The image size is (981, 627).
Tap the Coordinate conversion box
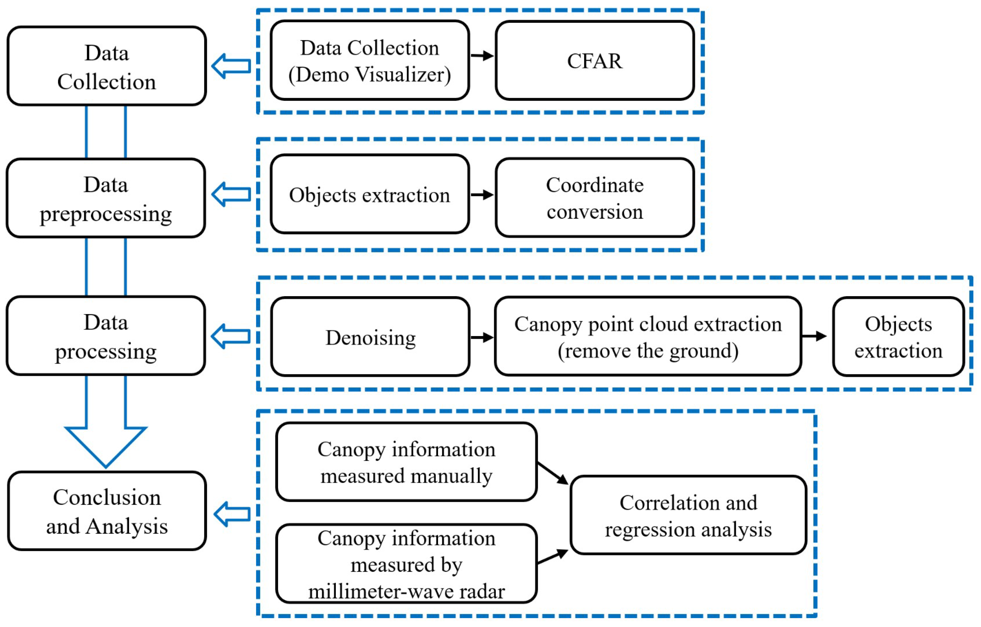[x=594, y=198]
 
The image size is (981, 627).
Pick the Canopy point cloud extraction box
[x=648, y=336]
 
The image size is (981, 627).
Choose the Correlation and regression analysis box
[x=688, y=515]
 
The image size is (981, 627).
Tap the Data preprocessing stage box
[x=106, y=198]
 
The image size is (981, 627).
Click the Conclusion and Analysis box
[x=107, y=511]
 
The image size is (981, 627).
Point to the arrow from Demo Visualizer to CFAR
[x=482, y=55]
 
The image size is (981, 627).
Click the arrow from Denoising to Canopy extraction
[x=482, y=337]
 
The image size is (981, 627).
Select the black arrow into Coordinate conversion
[x=482, y=195]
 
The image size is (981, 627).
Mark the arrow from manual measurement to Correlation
[x=553, y=473]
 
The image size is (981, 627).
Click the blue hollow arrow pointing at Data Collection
[x=231, y=66]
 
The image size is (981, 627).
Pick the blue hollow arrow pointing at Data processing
[x=231, y=336]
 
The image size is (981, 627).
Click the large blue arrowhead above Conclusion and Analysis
[x=106, y=444]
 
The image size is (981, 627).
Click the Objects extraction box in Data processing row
[x=898, y=337]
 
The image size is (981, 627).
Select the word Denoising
[x=370, y=338]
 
